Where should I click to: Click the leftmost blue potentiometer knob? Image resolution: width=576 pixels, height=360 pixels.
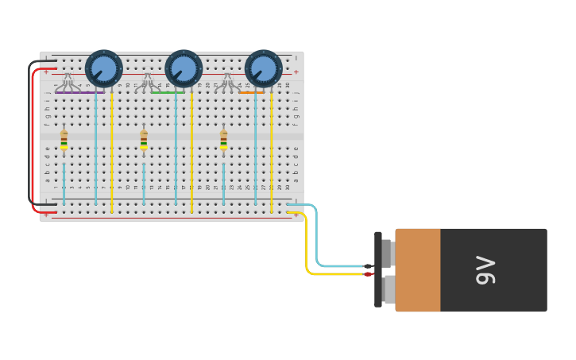tap(104, 68)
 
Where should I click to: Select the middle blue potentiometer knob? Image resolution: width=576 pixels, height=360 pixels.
tap(184, 68)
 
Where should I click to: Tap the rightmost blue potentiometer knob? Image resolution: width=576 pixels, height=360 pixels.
tap(264, 68)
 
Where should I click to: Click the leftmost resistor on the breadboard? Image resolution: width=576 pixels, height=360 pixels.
tap(64, 140)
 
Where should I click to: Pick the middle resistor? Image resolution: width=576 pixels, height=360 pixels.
tap(144, 140)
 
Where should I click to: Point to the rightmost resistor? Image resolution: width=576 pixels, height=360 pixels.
tap(223, 140)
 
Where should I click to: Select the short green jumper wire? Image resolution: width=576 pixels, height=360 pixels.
tap(168, 93)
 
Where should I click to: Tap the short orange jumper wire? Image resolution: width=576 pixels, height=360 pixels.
tap(251, 93)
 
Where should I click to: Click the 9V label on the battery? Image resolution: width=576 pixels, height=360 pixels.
tap(485, 270)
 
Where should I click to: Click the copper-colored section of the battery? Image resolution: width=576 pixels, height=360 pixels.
tap(418, 270)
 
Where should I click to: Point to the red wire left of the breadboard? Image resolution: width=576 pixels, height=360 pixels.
tap(33, 143)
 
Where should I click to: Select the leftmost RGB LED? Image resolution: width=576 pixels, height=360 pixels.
tap(68, 81)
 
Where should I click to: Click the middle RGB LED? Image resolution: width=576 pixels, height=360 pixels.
tap(148, 81)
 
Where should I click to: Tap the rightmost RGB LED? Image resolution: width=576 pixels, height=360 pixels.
tap(228, 81)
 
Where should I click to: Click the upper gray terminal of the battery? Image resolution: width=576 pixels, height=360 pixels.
tap(388, 253)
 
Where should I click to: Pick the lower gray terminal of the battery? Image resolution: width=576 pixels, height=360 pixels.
tap(388, 288)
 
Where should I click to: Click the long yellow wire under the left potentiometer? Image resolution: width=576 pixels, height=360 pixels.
tap(112, 151)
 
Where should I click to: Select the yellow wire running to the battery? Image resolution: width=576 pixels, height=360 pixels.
tap(307, 246)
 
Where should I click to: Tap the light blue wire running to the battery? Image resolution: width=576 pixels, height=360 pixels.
tap(317, 238)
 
